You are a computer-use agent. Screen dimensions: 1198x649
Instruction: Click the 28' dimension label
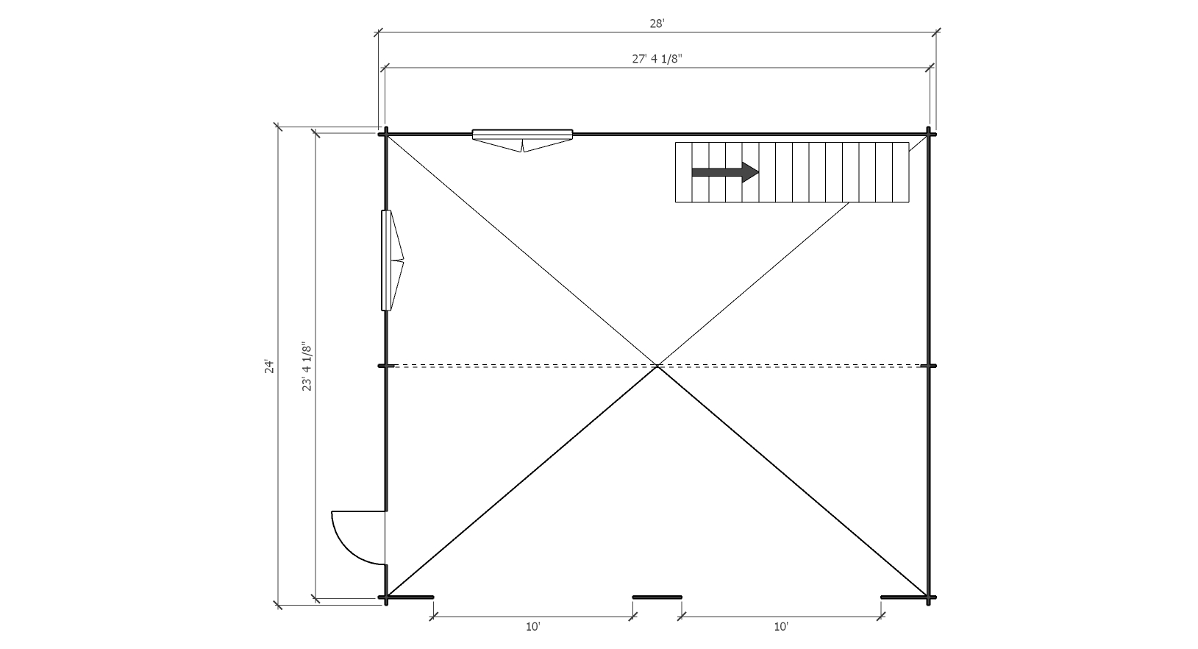[x=657, y=24]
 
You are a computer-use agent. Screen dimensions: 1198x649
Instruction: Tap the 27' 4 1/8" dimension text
[x=657, y=59]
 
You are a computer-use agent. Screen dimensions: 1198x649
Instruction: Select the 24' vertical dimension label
[x=269, y=366]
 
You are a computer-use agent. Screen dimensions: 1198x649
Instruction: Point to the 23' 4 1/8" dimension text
[x=307, y=366]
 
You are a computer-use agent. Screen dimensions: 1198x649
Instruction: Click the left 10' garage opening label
[x=532, y=626]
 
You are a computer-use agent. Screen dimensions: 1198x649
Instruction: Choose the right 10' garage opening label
[x=781, y=626]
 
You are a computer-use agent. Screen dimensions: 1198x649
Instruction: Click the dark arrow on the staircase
[x=725, y=172]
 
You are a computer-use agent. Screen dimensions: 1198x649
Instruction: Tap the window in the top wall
[x=523, y=141]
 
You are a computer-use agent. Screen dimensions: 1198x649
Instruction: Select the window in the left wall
[x=392, y=260]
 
